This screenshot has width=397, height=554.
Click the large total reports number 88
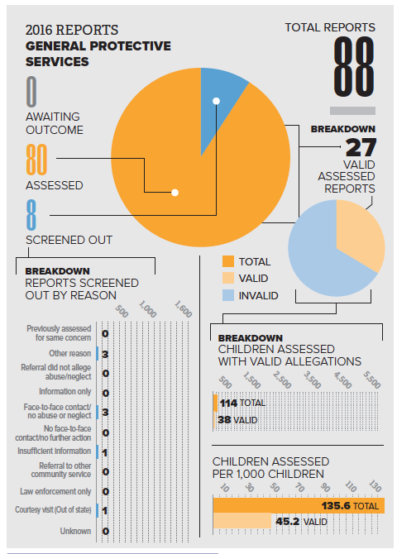pos(354,67)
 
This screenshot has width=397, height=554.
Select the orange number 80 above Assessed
pos(36,160)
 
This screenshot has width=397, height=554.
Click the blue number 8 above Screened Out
pos(31,214)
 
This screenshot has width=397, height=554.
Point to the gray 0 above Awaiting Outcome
pos(31,92)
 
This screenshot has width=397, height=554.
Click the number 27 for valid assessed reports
pos(361,147)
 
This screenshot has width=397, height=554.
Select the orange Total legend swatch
pos(228,261)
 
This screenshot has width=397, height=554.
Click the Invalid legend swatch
pos(228,295)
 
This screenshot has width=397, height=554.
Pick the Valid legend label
pos(253,279)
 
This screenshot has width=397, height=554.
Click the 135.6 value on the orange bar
pos(336,506)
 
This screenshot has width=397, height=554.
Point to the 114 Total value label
pos(242,404)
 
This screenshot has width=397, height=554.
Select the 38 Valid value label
pos(237,420)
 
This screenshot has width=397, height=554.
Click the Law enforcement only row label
pos(55,491)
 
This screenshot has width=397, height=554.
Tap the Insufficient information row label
pos(55,451)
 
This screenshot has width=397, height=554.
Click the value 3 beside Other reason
pos(105,354)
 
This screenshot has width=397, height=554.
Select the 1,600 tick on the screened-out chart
pos(183,309)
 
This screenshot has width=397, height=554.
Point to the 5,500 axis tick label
pos(372,380)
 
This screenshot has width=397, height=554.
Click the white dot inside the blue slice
pos(217,102)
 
